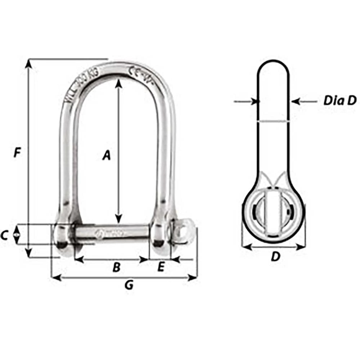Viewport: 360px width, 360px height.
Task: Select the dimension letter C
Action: point(4,235)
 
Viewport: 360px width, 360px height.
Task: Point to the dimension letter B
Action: point(116,267)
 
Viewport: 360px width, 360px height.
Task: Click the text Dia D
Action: point(339,101)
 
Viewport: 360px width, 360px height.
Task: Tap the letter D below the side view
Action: point(275,257)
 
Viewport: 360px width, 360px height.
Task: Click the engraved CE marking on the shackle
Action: point(134,72)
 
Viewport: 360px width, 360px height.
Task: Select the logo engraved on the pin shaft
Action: point(99,233)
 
